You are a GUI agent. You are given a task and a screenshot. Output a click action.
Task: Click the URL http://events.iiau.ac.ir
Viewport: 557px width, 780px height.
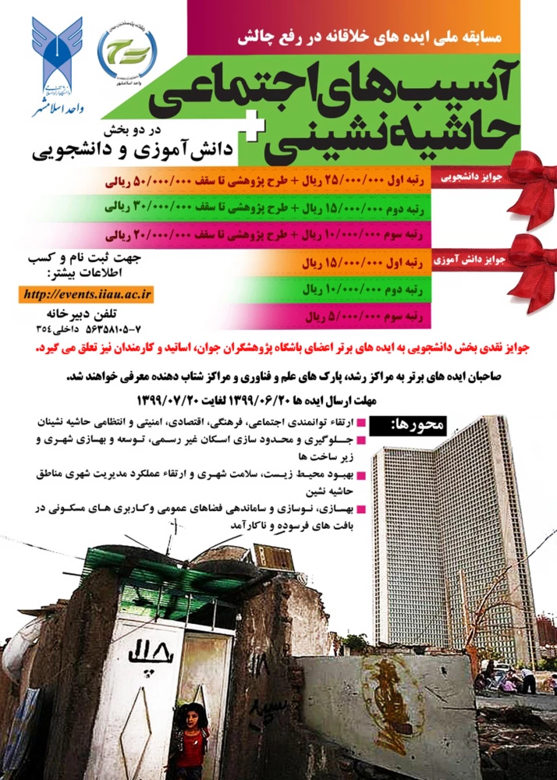click(88, 295)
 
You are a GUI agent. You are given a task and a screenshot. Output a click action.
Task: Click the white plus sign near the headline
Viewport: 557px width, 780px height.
click(270, 133)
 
